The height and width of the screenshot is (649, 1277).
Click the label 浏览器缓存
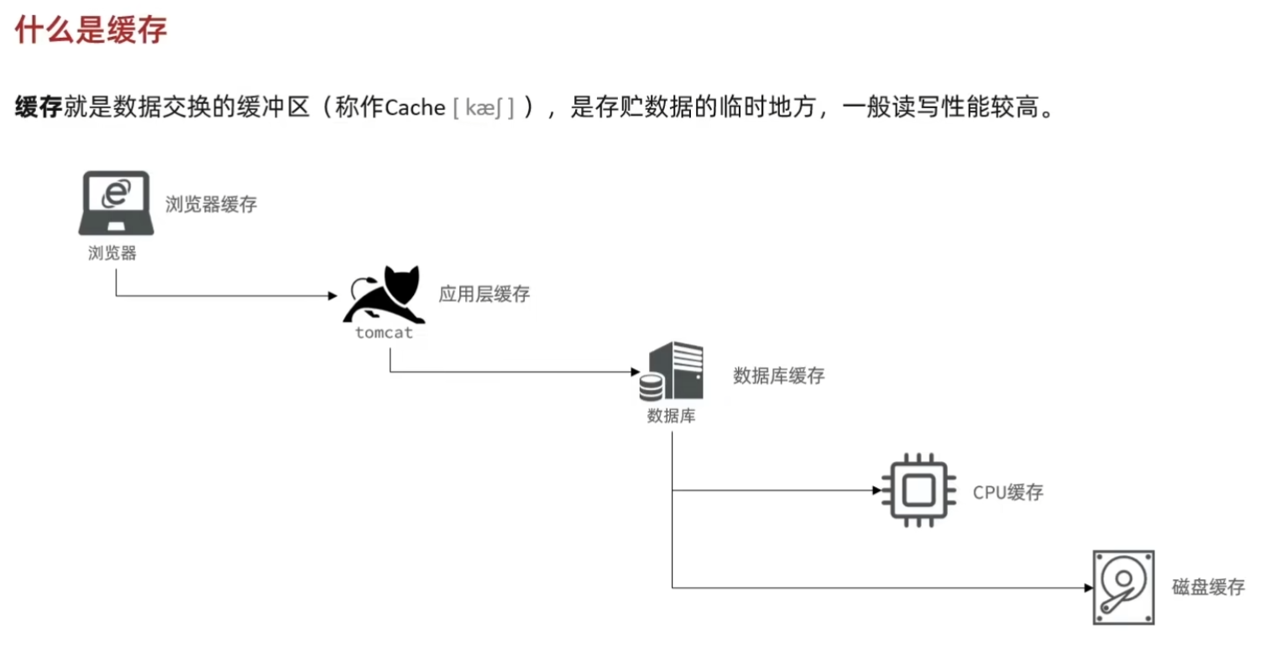pos(211,204)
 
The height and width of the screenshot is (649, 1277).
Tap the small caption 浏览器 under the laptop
pos(112,253)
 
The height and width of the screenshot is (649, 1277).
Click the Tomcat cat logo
pos(385,296)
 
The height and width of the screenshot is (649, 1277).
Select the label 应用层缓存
pos(484,295)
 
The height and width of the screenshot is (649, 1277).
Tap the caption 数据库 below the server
pos(671,416)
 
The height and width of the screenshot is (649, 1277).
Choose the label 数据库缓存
pos(778,375)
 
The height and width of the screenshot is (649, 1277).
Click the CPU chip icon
pos(918,490)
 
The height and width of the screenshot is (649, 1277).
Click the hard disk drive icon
pos(1123,586)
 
